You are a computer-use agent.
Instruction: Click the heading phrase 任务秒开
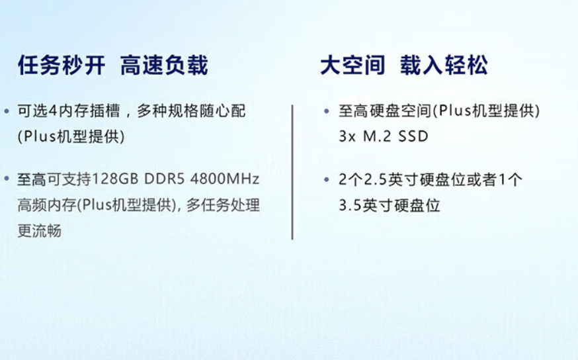click(62, 66)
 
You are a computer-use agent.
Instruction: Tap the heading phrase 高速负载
click(164, 66)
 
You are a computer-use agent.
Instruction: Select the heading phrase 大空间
click(352, 66)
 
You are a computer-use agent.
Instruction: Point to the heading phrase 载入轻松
click(444, 66)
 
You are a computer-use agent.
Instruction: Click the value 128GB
click(115, 179)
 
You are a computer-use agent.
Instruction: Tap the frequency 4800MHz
click(225, 179)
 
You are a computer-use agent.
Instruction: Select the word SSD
click(413, 136)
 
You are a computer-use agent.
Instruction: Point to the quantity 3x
click(347, 136)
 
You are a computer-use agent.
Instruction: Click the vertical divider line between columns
click(292, 172)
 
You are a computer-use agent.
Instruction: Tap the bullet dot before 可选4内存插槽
click(6, 111)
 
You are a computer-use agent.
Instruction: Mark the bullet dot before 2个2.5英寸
click(326, 179)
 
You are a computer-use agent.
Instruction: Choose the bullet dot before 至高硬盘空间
click(326, 111)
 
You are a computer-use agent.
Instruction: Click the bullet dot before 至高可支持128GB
click(6, 179)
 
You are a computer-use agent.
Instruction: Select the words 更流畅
click(40, 231)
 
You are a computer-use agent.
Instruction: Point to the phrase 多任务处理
click(223, 205)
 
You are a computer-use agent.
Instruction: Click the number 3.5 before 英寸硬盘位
click(351, 205)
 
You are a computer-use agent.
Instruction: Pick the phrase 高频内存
click(47, 205)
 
